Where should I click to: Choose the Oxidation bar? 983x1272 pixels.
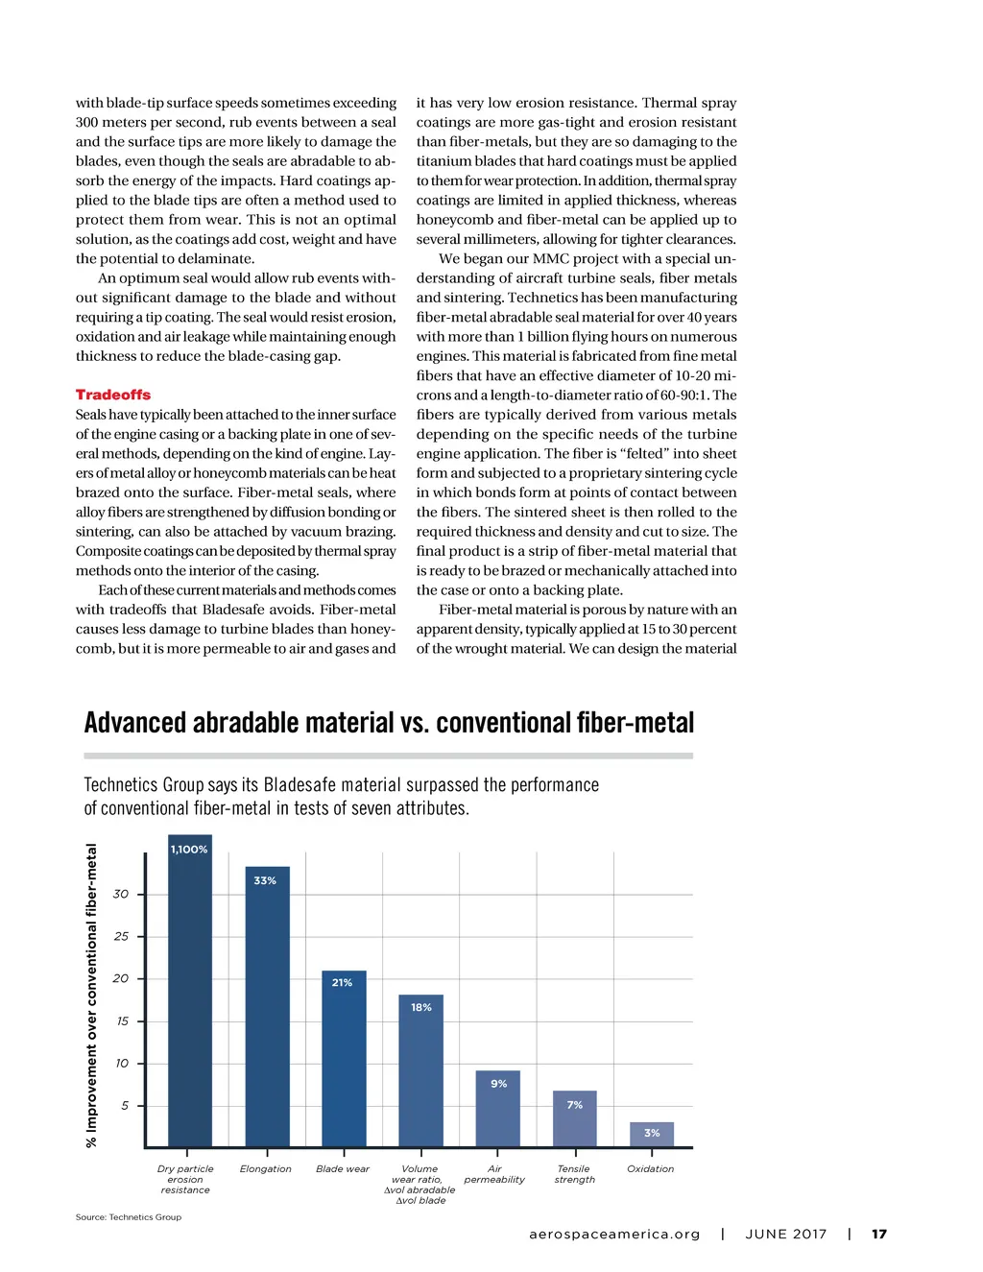click(652, 1136)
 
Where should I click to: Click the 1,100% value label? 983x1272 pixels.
click(189, 850)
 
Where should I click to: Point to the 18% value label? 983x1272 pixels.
click(421, 1007)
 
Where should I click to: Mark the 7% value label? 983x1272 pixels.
click(575, 1105)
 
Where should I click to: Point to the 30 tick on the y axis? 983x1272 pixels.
click(121, 894)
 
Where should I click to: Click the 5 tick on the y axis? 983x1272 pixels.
click(125, 1106)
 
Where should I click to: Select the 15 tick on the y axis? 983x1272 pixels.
click(122, 1021)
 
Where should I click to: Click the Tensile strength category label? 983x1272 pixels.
click(575, 1174)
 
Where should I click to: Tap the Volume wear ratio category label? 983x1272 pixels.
click(420, 1185)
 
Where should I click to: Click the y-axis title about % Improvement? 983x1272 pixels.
click(92, 996)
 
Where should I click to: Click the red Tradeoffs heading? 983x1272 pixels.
click(113, 395)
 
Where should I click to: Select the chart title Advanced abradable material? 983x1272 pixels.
click(389, 723)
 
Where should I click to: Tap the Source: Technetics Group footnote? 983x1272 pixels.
click(129, 1217)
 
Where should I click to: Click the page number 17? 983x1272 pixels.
click(879, 1235)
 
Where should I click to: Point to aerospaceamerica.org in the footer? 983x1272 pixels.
click(614, 1235)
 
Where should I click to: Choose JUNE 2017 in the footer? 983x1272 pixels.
click(786, 1235)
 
